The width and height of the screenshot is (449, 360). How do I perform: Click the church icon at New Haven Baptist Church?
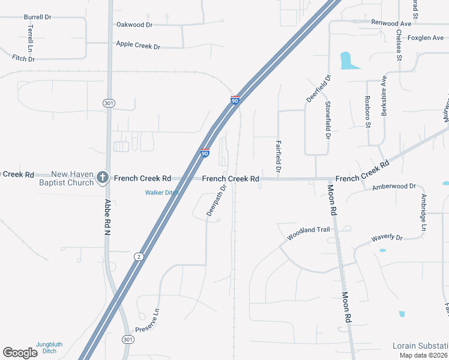pos(103,177)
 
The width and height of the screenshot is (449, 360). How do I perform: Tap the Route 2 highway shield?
pos(139,257)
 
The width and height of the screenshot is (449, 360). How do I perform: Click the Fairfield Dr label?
pos(279,157)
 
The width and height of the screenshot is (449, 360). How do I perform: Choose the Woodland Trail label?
pos(309,233)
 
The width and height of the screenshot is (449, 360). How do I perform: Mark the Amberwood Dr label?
pos(394,187)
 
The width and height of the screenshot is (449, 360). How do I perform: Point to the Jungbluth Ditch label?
pos(53,347)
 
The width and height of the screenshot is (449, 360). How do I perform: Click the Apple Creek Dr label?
pos(138,45)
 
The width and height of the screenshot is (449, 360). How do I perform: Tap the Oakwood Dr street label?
pos(134,25)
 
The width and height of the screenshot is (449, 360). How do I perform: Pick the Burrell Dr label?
pos(37,17)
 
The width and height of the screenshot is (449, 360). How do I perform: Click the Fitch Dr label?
pos(23,59)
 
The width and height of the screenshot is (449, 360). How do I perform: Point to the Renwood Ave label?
pos(391,23)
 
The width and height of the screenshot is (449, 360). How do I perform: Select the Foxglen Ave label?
pos(426,38)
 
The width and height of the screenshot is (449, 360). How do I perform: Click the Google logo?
pos(20,353)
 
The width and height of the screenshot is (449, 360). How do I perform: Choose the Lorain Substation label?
pos(420,346)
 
